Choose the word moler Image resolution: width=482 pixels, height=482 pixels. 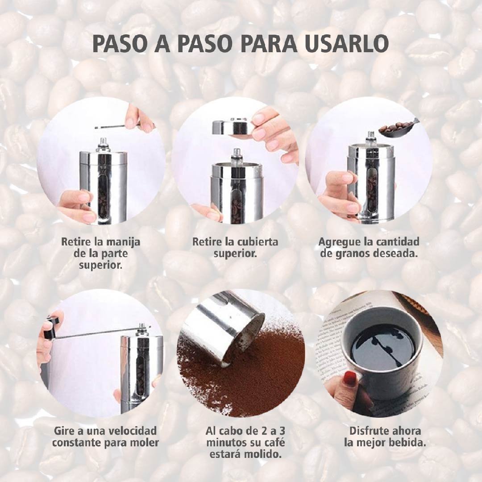point(144,443)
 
